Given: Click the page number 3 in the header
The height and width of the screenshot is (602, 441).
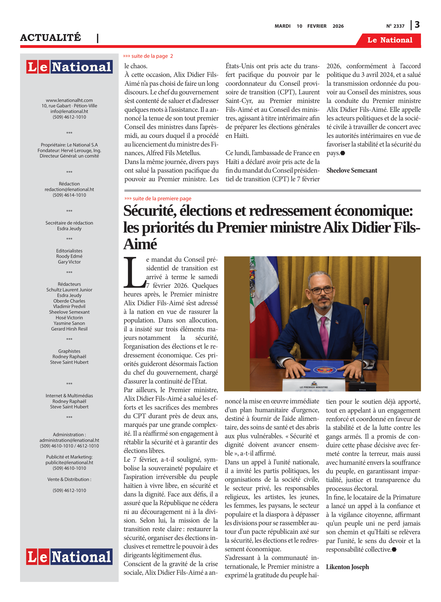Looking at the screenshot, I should click(417, 25).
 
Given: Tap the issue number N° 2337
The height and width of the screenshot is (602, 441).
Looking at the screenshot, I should click(395, 26).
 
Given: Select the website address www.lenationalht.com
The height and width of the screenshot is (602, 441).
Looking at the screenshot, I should click(69, 100).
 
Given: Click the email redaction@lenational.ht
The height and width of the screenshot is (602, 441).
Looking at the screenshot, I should click(69, 189).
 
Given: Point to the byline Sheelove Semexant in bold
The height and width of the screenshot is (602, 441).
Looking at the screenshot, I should click(352, 171).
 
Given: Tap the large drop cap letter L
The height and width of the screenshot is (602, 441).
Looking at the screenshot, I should click(134, 273).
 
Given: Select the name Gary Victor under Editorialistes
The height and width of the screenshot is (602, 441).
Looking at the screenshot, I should click(69, 262).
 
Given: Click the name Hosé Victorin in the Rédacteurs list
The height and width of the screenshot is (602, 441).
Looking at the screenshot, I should click(69, 317).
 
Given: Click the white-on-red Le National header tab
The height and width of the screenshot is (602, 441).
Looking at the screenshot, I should click(389, 40).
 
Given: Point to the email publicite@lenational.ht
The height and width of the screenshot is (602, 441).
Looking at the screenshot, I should click(69, 462).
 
